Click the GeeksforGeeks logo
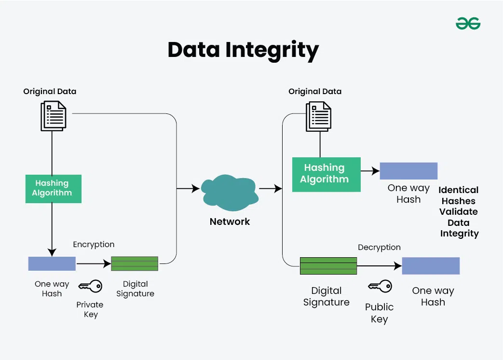point(468,23)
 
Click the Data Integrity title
point(243,50)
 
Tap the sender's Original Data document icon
point(54,115)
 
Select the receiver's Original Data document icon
point(318,116)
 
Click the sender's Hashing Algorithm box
point(53,188)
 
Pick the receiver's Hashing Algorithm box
point(326,174)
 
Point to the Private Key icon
point(90,287)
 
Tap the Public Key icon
point(380,287)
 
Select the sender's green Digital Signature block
point(135,263)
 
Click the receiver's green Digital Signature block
point(328,266)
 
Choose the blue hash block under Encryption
point(52,263)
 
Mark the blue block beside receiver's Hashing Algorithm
point(408,171)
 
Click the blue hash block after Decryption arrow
point(431,266)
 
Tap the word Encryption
point(94,245)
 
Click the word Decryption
point(379,248)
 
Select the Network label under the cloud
point(230,222)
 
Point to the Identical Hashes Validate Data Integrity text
point(459,212)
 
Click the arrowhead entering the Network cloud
point(196,189)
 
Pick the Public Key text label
point(379,313)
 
